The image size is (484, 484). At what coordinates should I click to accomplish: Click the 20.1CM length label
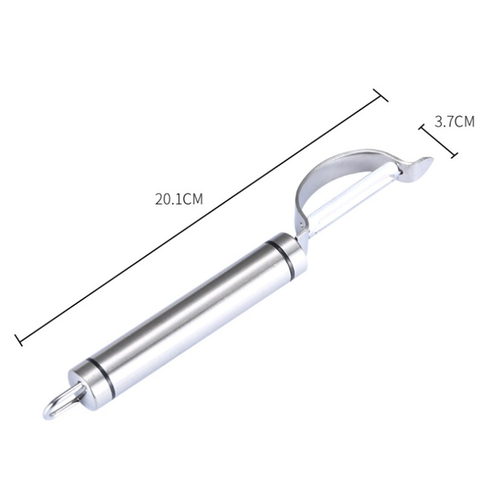179,199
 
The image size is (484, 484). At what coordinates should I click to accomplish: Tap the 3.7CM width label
454,122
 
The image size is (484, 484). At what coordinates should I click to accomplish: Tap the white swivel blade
352,197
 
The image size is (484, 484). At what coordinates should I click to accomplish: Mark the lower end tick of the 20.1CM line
19,340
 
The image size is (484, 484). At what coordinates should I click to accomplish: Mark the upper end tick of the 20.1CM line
381,96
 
